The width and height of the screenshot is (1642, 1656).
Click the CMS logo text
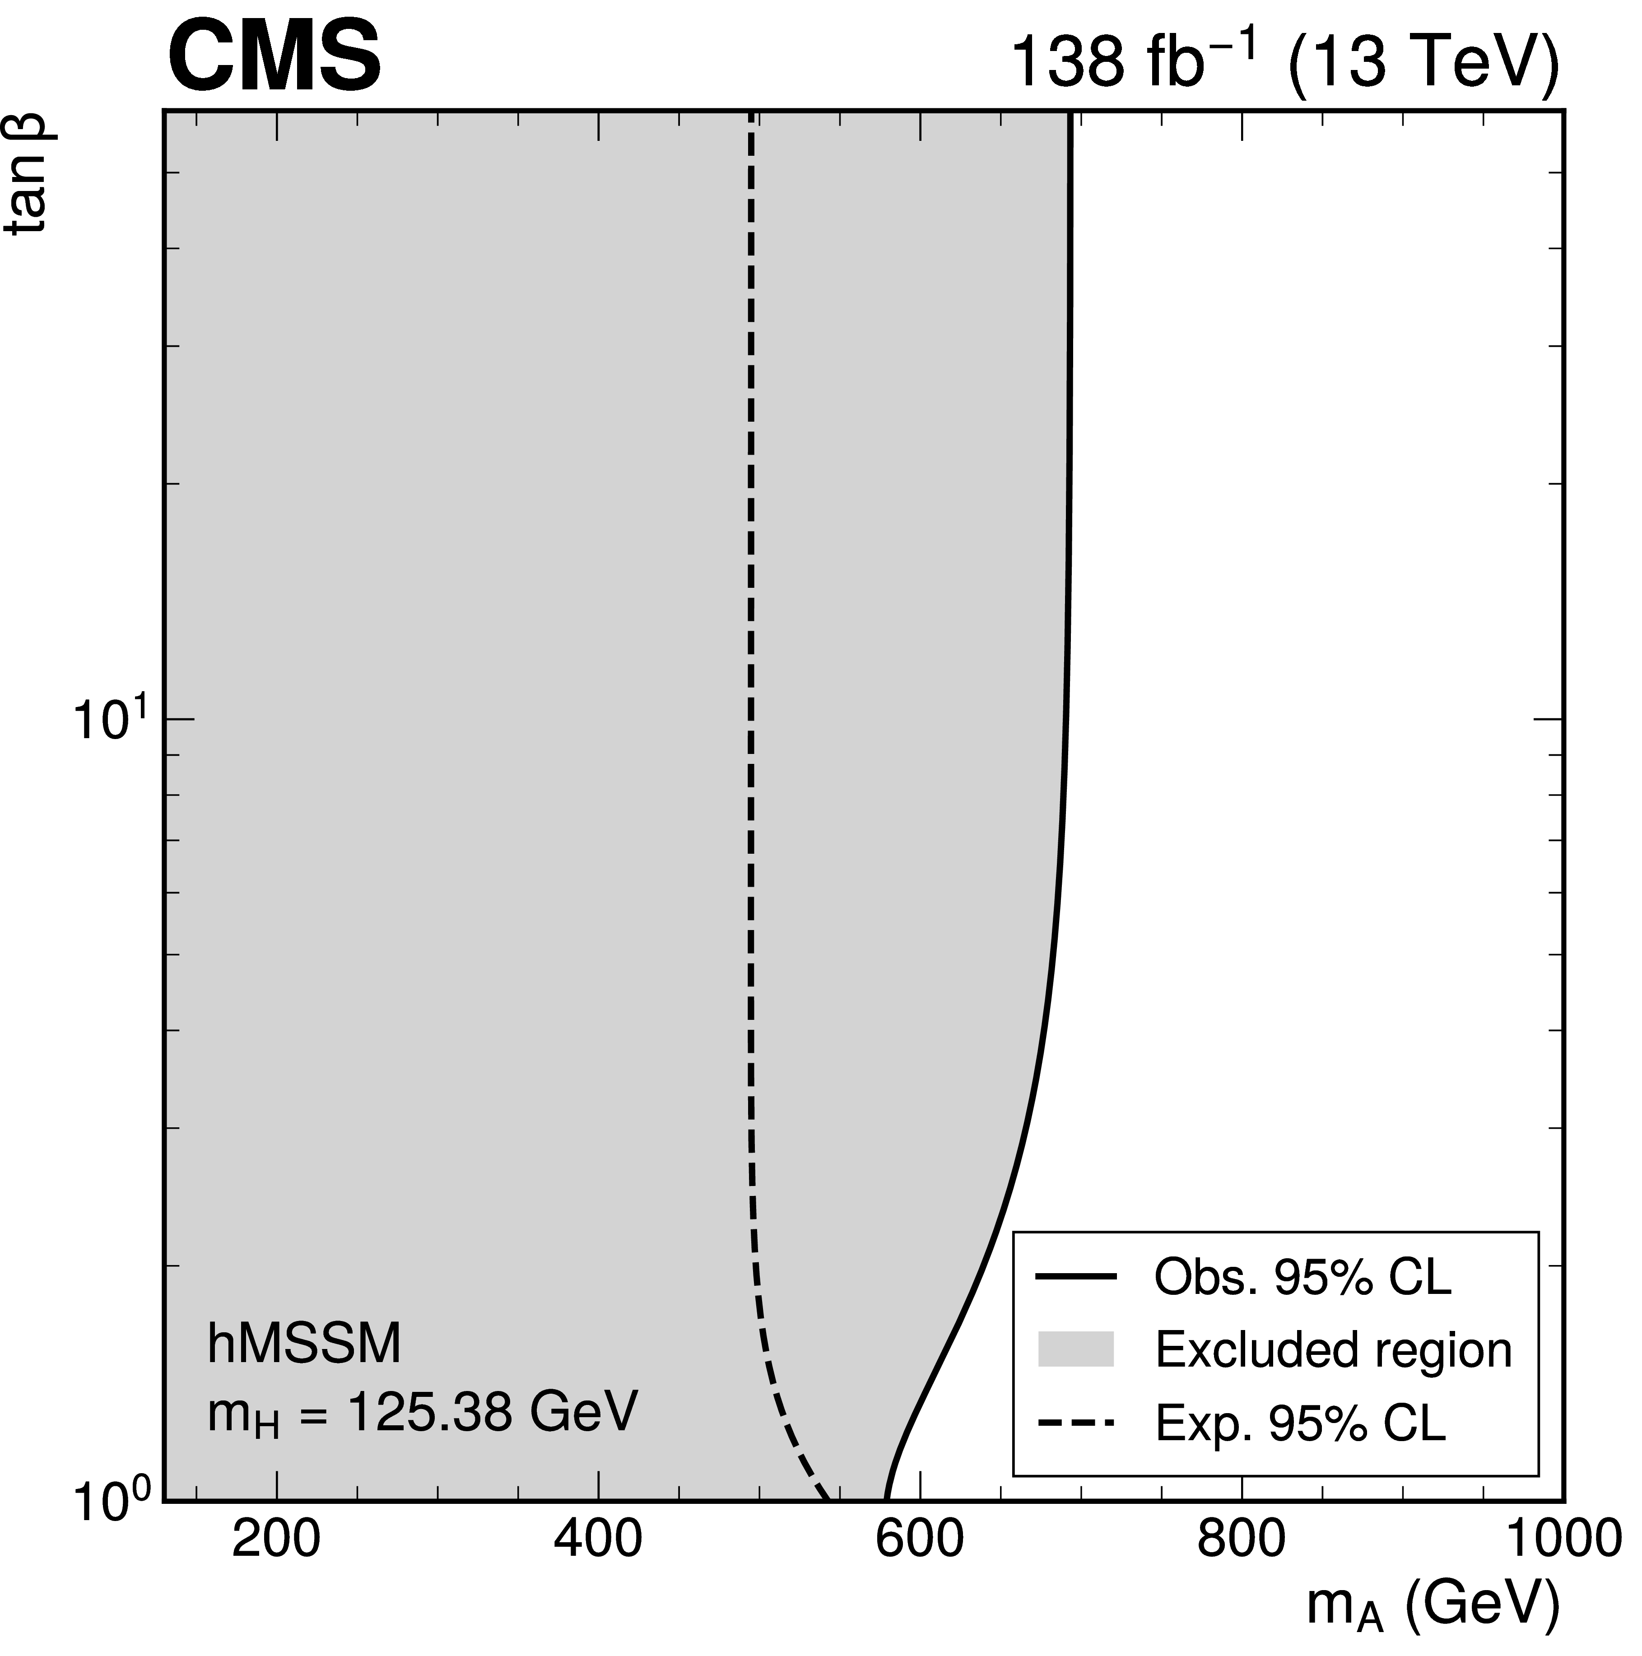(x=274, y=58)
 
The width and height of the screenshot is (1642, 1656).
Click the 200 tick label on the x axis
(x=276, y=1540)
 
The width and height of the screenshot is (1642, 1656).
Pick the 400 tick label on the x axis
(x=597, y=1540)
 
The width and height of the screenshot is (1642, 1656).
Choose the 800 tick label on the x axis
(x=1241, y=1540)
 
